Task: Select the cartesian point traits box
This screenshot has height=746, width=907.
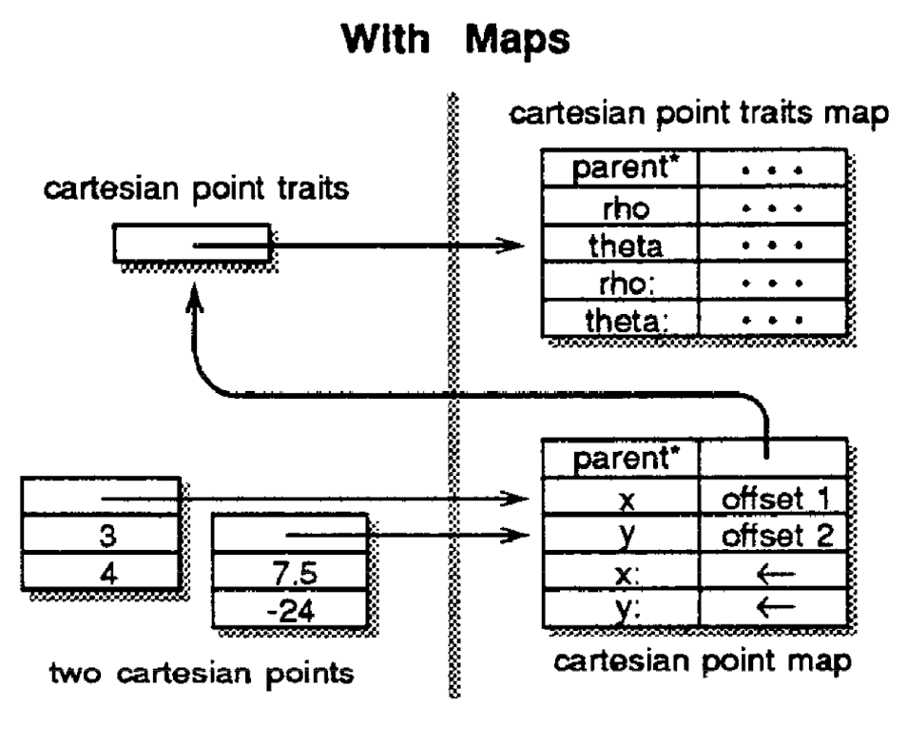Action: (x=191, y=245)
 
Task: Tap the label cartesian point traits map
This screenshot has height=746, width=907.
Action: (x=699, y=116)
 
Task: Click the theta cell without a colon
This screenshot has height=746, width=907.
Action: (x=620, y=245)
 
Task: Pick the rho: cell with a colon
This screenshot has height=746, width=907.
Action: (x=620, y=283)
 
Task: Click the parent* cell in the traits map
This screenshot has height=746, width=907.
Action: (x=620, y=170)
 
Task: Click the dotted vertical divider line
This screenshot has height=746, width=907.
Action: (x=453, y=381)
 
